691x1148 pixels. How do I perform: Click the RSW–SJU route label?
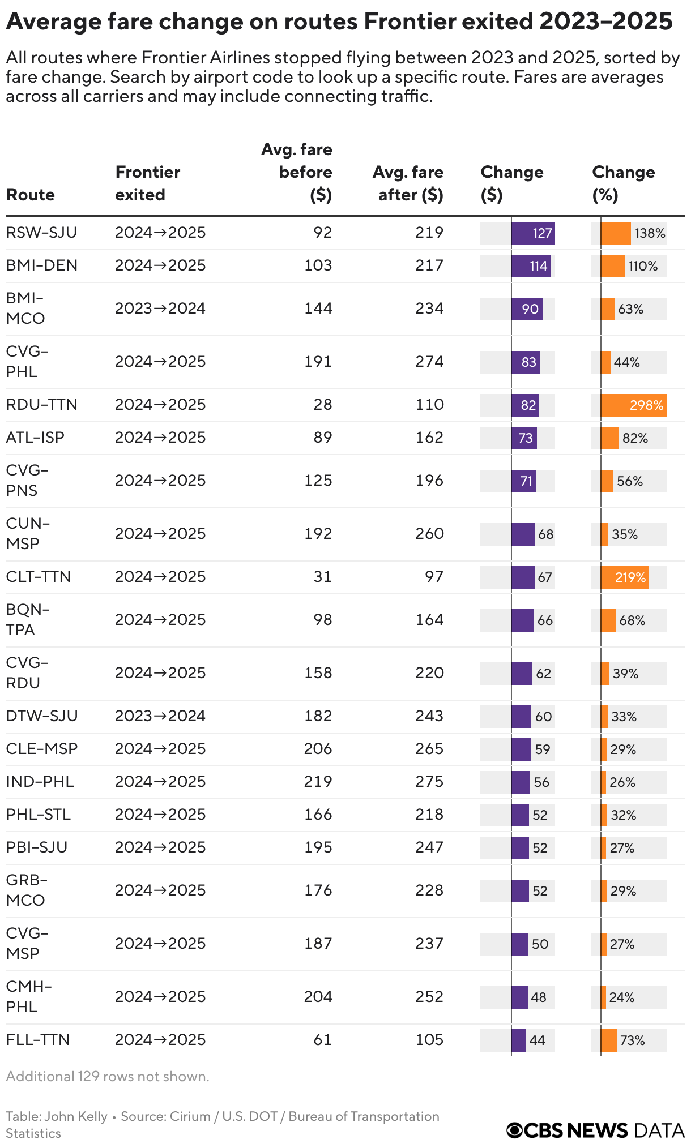coord(41,233)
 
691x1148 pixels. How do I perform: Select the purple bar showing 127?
coord(533,233)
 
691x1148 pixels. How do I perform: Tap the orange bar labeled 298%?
coord(634,405)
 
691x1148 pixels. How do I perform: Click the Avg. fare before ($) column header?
coord(297,172)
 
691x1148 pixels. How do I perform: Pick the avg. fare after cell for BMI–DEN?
coord(429,265)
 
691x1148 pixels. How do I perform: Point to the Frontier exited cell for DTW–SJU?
coord(160,716)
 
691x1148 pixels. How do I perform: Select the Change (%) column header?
coord(623,183)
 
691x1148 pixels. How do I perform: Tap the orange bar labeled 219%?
coord(625,577)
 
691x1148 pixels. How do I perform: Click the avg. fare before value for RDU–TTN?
coord(323,405)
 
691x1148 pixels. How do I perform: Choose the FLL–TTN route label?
coord(38,1040)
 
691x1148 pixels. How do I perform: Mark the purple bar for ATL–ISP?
coord(524,438)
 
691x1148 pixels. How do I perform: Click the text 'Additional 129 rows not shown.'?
coord(108,1076)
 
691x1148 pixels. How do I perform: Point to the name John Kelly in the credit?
coord(76,1116)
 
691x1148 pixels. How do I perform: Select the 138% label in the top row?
coord(650,233)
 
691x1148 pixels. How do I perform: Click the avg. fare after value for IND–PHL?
coord(429,782)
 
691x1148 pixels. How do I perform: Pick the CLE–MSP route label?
coord(42,749)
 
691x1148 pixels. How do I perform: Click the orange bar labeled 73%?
coord(609,1040)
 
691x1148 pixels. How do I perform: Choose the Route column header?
coord(31,195)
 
